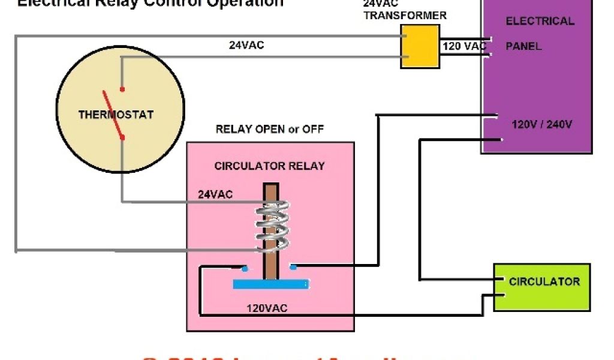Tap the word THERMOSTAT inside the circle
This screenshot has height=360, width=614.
coord(116,114)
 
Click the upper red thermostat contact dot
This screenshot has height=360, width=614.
coord(122,89)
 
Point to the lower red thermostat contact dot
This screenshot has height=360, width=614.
coord(122,137)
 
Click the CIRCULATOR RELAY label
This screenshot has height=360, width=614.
coord(269,166)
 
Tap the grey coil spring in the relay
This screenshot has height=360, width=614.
coord(273,226)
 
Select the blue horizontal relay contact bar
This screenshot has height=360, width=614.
coord(271,284)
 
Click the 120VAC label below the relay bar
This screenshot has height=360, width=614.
coord(267,308)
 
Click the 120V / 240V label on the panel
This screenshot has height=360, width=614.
coord(542,125)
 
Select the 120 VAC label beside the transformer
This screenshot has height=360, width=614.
coord(465,46)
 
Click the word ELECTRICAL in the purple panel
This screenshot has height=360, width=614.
coord(540,22)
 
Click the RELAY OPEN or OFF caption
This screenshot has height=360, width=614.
coord(269,129)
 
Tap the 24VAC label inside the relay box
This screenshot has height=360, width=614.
coord(215,194)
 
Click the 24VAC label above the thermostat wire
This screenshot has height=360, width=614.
coord(246,44)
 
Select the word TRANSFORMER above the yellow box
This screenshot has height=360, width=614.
coord(405,16)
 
